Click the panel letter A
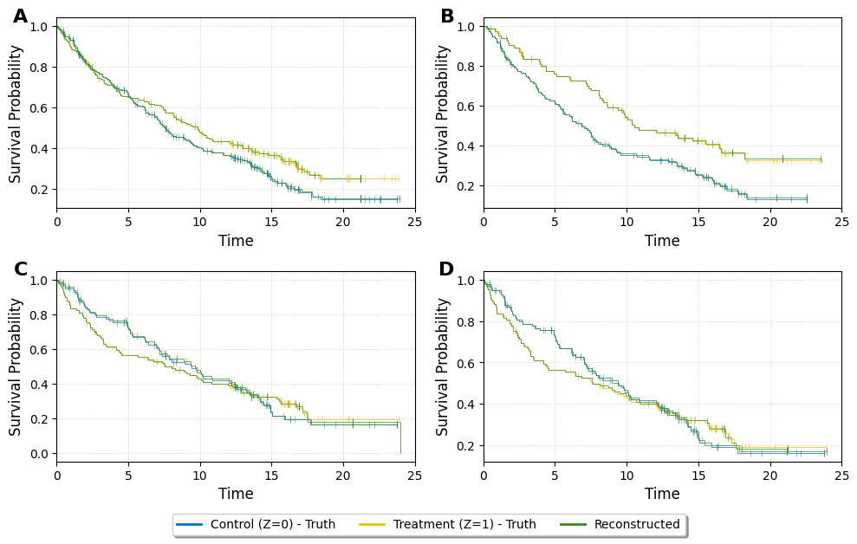[x=20, y=16]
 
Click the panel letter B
[x=447, y=16]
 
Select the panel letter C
[x=21, y=269]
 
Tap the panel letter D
[x=446, y=269]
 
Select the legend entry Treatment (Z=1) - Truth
[x=464, y=524]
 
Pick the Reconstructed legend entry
[x=637, y=524]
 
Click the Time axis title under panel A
[x=236, y=241]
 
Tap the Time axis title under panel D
[x=662, y=494]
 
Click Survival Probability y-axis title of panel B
[x=443, y=113]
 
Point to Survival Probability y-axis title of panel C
[x=16, y=366]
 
